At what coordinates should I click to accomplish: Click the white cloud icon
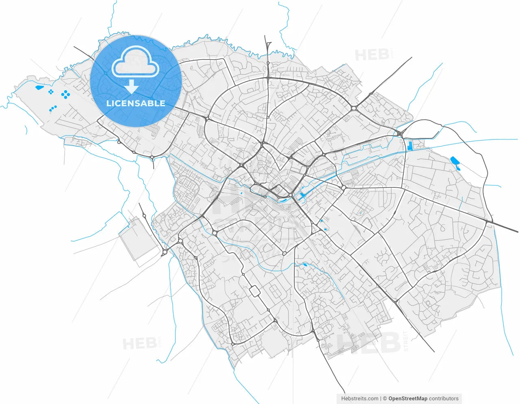(x=135, y=62)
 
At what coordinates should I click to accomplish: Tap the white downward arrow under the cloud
(x=131, y=86)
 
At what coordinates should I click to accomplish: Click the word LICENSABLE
(x=136, y=103)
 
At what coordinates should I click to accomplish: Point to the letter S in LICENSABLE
(x=140, y=103)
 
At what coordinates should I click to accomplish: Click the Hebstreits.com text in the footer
(x=360, y=399)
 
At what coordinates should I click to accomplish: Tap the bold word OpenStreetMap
(x=407, y=399)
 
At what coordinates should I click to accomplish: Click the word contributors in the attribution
(x=444, y=399)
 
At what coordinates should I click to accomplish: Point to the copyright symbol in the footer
(x=385, y=399)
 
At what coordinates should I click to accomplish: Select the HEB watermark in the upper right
(x=372, y=55)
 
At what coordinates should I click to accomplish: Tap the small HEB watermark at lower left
(x=140, y=344)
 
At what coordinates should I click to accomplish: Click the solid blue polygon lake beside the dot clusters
(x=39, y=87)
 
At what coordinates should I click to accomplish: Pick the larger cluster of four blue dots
(x=65, y=95)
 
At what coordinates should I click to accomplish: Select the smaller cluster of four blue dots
(x=51, y=92)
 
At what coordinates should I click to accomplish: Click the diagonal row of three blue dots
(x=53, y=108)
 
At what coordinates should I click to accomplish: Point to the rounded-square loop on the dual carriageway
(x=255, y=291)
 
